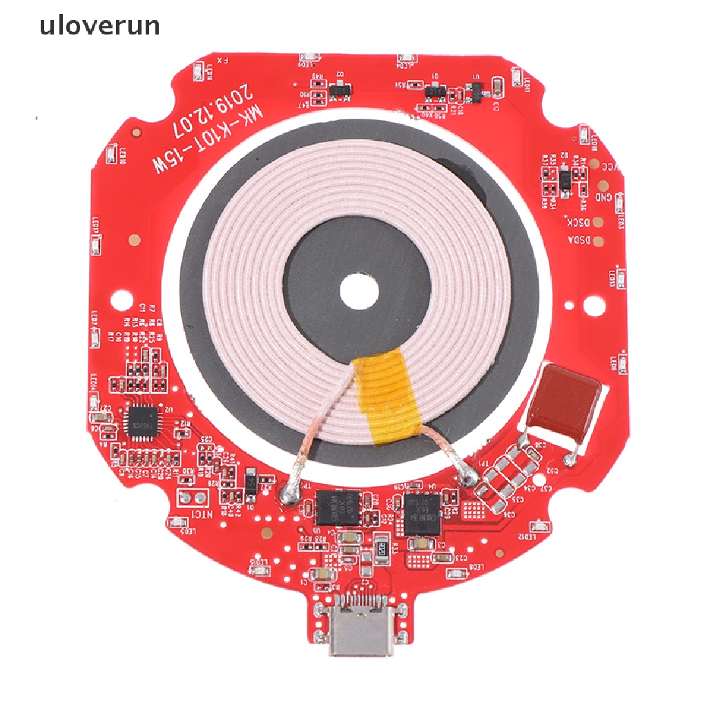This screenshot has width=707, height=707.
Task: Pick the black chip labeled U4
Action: click(423, 513)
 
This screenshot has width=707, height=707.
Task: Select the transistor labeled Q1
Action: click(435, 90)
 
